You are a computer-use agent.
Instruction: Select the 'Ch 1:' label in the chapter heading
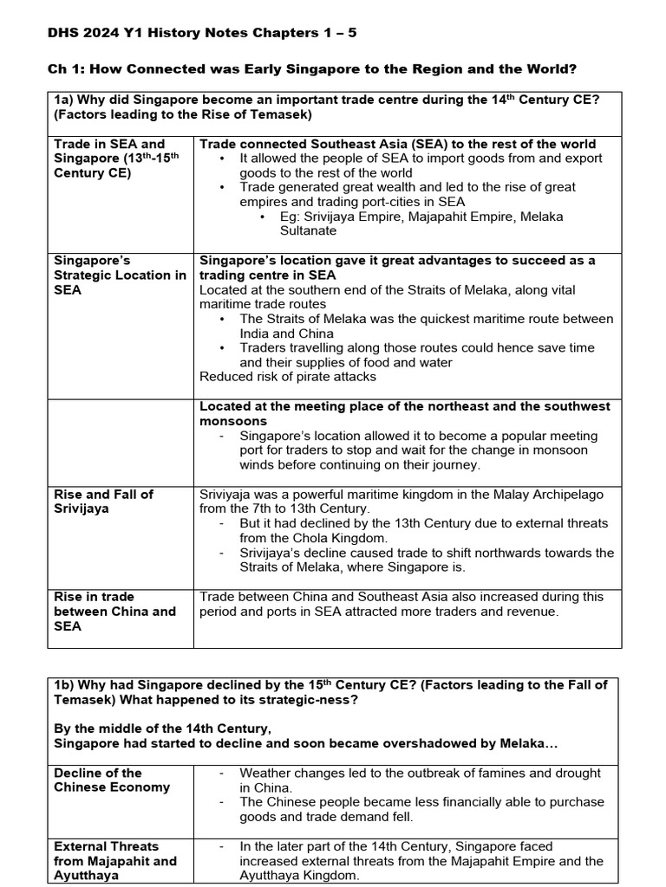63,69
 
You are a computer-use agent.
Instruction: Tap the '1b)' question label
67,684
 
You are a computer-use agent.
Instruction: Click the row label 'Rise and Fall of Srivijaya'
103,502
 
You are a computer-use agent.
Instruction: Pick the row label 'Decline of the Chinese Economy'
112,780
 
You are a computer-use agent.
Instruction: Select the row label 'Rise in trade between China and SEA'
114,611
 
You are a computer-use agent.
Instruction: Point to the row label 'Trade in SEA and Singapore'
109,159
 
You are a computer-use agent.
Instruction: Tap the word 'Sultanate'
309,231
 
